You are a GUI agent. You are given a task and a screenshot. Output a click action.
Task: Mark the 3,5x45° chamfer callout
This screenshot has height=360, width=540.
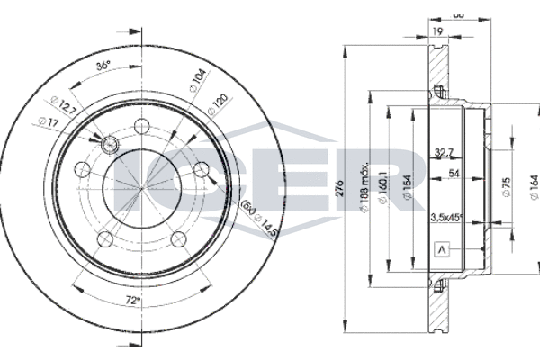coord(448,217)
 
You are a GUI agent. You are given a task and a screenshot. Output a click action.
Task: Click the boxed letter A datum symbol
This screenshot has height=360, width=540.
coord(441,249)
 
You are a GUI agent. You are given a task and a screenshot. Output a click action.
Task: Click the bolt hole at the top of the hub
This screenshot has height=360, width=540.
coord(141,125)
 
